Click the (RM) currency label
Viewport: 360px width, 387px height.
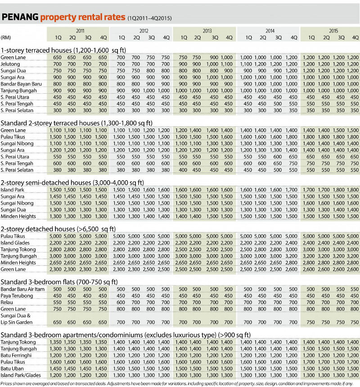pos(6,37)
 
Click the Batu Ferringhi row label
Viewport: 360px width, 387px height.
pos(15,355)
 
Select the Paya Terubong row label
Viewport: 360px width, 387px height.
pos(17,296)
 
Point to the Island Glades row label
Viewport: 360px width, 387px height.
pos(15,242)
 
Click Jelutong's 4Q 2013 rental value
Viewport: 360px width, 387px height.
pos(227,64)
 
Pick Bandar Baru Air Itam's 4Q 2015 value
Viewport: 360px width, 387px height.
pos(355,289)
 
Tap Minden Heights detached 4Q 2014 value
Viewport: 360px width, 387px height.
pos(291,262)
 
